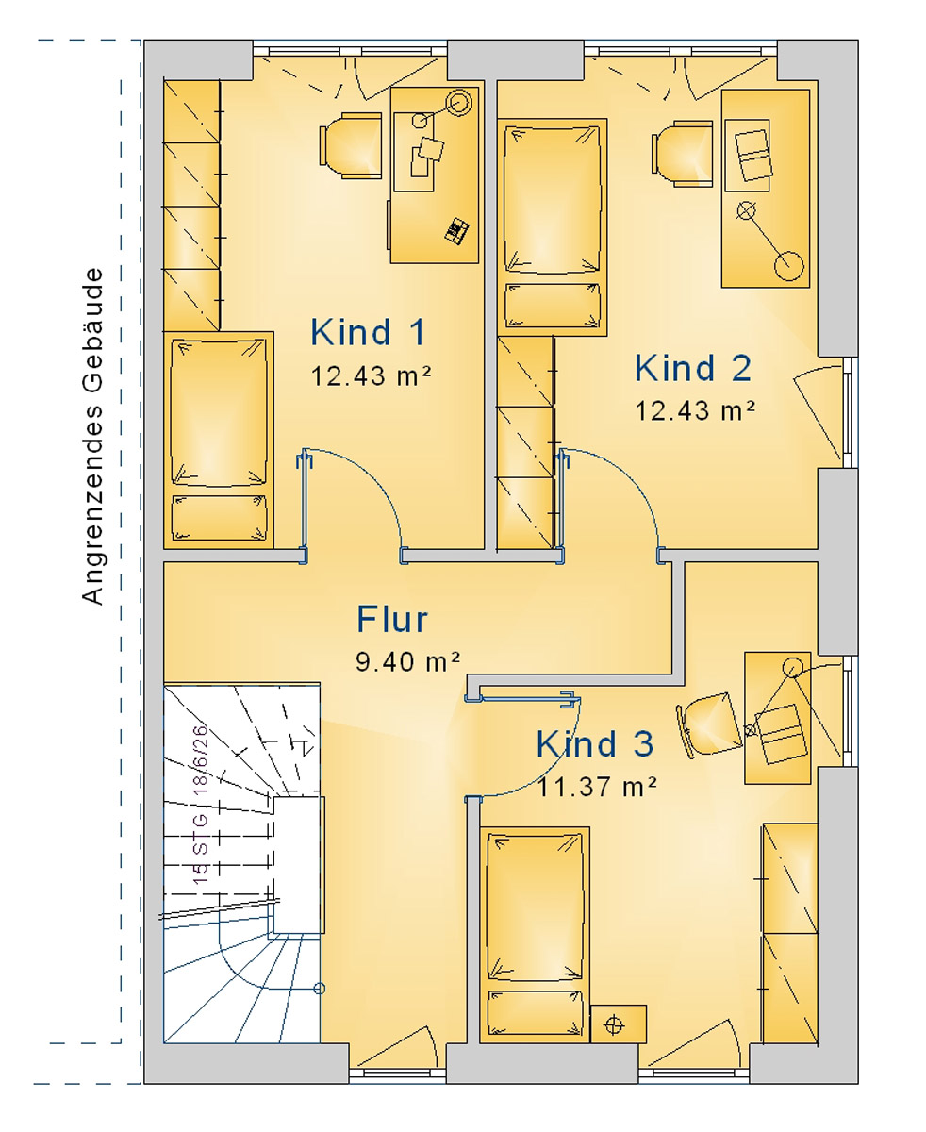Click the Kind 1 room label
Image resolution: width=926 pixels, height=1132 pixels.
368,332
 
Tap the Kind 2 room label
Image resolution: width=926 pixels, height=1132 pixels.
693,367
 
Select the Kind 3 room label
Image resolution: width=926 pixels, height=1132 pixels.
594,744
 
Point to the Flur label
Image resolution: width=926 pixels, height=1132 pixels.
392,620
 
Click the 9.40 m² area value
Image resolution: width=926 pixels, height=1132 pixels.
407,662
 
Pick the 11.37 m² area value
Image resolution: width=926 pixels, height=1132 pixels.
597,786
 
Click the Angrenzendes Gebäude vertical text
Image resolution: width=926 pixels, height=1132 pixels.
91,436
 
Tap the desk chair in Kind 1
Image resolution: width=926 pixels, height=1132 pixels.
349,144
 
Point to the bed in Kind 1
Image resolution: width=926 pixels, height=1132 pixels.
218,439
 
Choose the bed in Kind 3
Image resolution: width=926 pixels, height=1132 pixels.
534,934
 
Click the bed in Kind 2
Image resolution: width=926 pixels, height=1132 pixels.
552,226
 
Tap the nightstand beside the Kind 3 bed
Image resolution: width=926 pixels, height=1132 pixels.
618,1024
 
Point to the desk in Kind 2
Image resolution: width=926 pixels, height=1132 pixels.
765,188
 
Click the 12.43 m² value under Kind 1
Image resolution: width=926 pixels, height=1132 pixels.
371,376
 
